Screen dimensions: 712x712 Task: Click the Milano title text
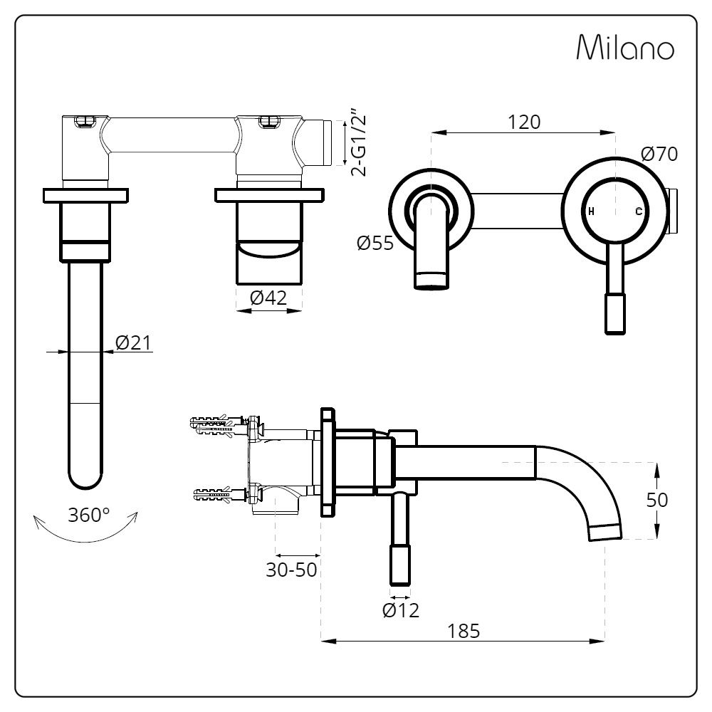coord(624,48)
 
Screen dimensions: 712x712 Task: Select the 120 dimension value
coord(524,122)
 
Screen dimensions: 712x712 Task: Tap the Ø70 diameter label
coord(659,153)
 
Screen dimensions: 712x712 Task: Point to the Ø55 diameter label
coord(375,244)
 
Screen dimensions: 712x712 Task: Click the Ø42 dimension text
coord(268,298)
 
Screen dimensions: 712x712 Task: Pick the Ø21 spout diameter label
coord(132,342)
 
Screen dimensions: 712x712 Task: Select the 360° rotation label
coord(89,515)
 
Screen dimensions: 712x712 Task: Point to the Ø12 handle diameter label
coord(400,609)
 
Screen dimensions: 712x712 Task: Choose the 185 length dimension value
coord(464,630)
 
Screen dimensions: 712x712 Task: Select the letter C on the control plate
coord(639,211)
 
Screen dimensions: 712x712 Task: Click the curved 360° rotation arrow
coord(85,535)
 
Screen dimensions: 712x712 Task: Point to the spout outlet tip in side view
coord(604,531)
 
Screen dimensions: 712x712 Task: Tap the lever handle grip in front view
coord(615,313)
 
